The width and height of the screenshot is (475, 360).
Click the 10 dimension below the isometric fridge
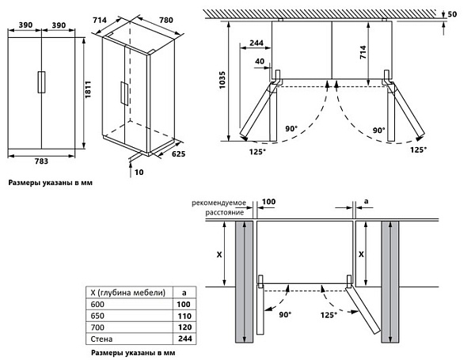click(x=139, y=171)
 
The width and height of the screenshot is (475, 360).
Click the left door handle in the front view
click(x=38, y=83)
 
